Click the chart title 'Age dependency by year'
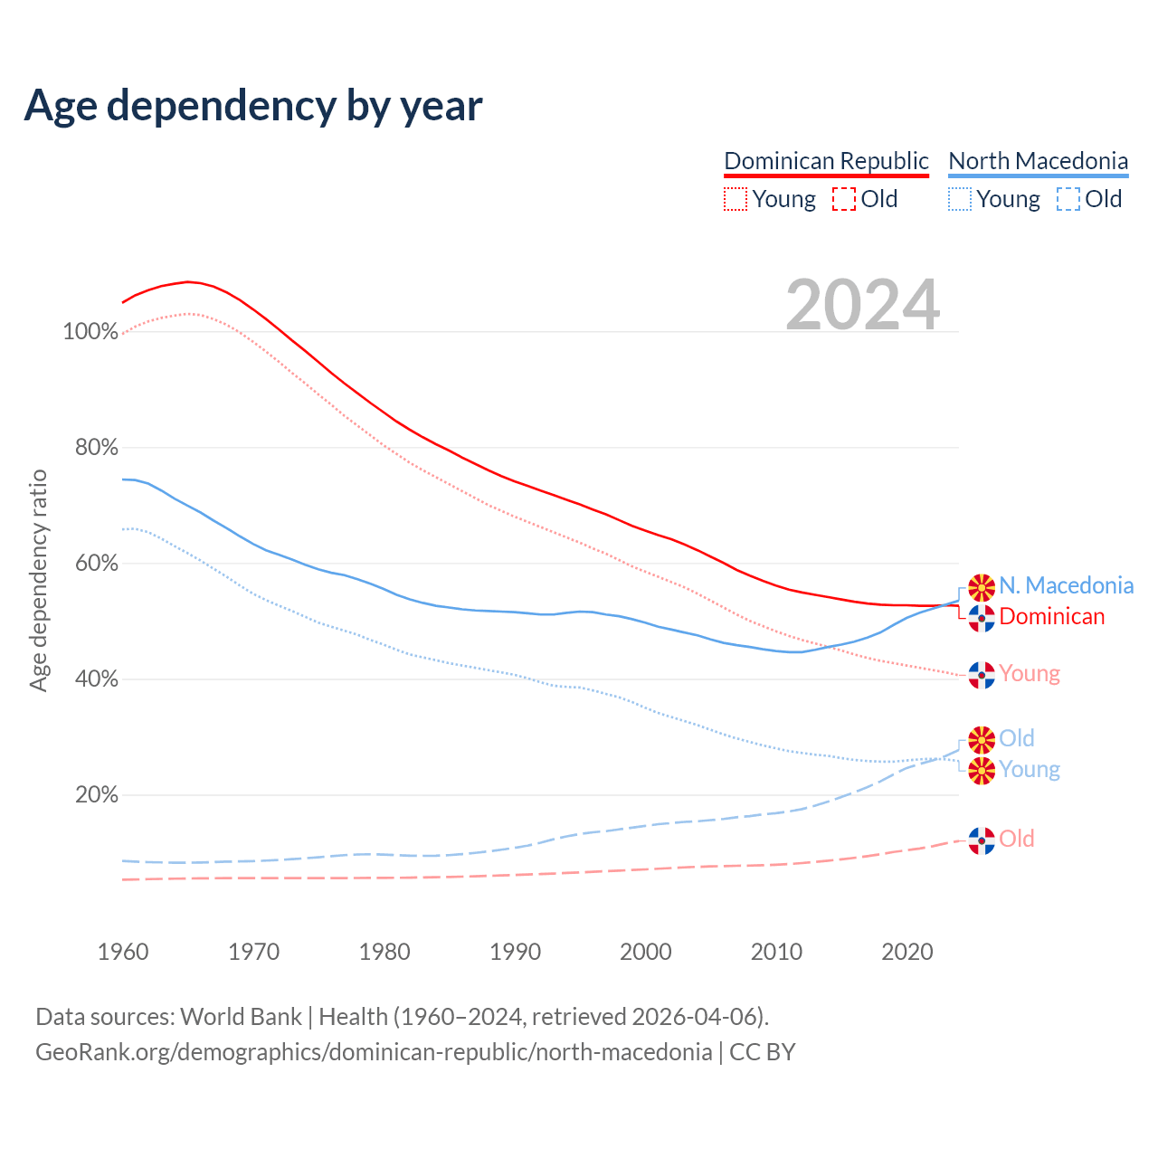[253, 106]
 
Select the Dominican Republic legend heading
[826, 161]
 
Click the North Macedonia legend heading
[1038, 161]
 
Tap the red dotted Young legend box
[736, 199]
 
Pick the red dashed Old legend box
[843, 199]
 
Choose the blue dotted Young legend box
[960, 199]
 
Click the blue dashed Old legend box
[1068, 199]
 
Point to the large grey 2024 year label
[862, 305]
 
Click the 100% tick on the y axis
[90, 332]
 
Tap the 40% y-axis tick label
[96, 679]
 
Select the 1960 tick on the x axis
[123, 952]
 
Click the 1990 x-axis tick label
[515, 952]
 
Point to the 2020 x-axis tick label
[907, 952]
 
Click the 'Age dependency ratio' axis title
[38, 580]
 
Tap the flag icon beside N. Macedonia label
[982, 587]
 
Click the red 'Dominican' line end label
[1051, 617]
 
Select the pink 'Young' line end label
[1030, 674]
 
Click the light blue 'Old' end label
[1016, 739]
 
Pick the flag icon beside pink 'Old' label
[982, 840]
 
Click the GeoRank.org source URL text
[374, 1052]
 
